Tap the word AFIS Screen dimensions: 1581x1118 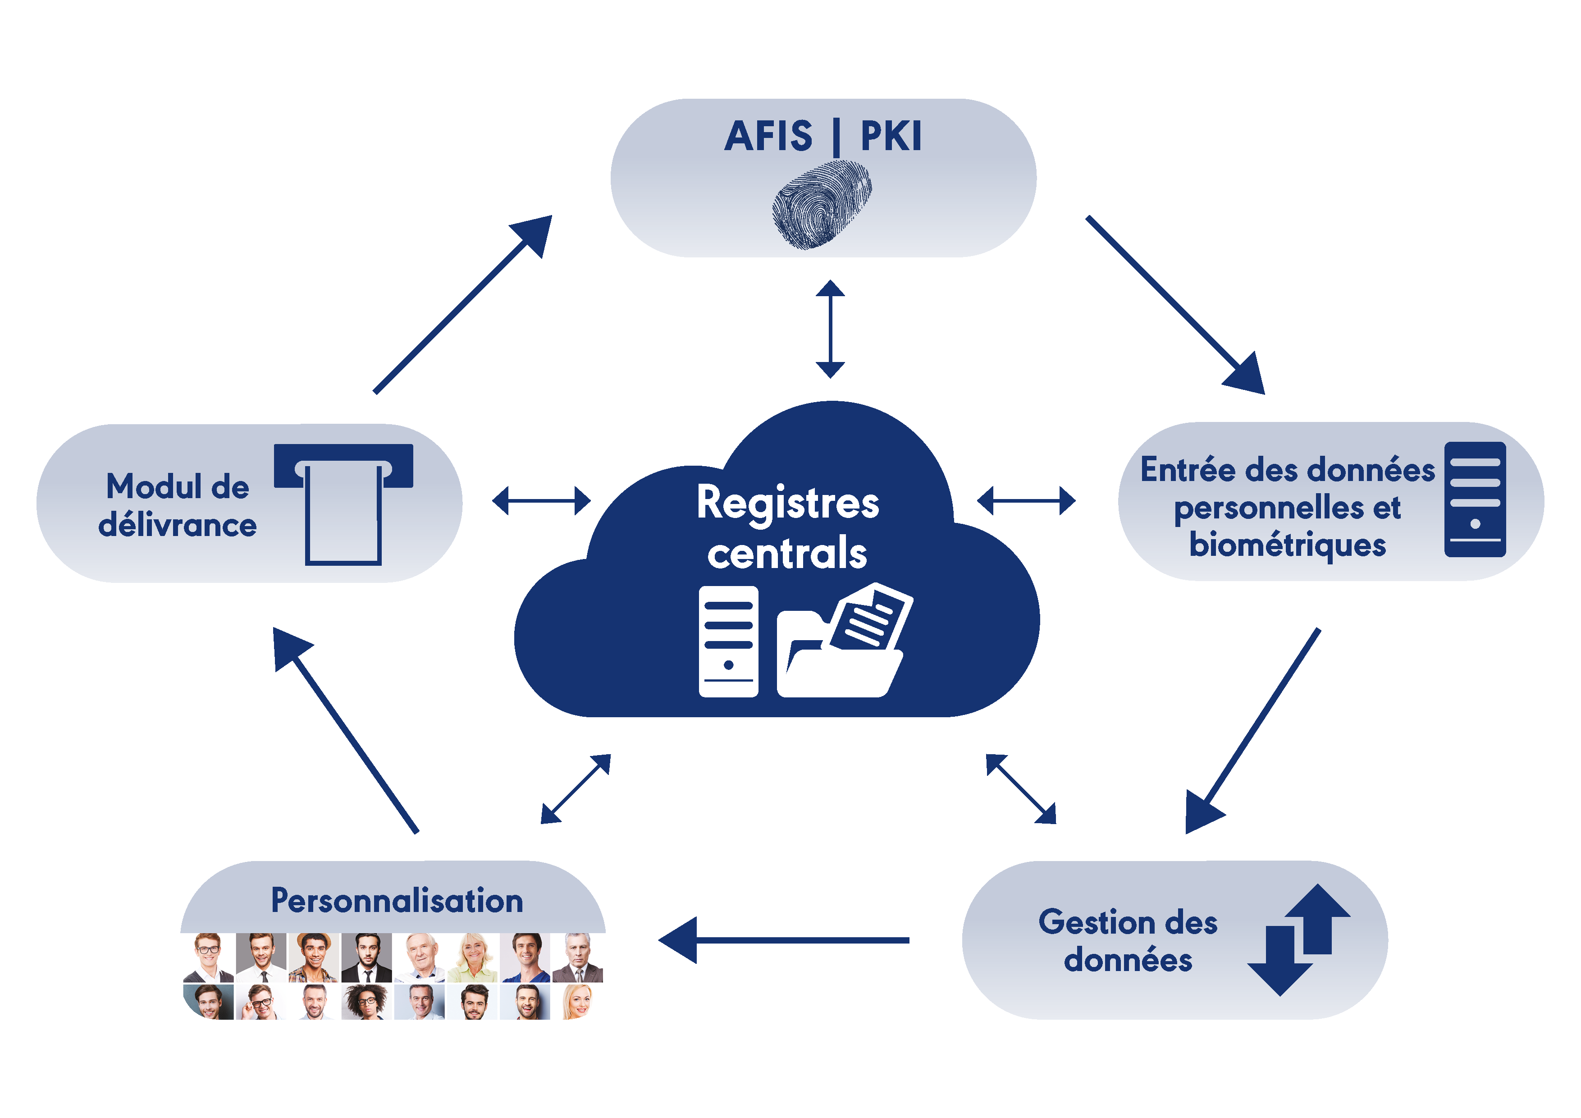(x=768, y=137)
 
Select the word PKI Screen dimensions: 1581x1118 (x=891, y=137)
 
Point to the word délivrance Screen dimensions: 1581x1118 (x=178, y=525)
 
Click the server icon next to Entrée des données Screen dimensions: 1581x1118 (x=1475, y=499)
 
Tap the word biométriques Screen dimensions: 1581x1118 (x=1287, y=545)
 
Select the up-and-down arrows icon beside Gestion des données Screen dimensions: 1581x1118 (x=1299, y=939)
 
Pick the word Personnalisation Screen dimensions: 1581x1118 (x=398, y=900)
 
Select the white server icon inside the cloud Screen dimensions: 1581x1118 (x=728, y=641)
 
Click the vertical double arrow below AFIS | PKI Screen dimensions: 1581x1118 (x=831, y=329)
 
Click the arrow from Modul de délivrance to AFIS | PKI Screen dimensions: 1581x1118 (x=463, y=304)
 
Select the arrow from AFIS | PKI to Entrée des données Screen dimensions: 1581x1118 (x=1175, y=305)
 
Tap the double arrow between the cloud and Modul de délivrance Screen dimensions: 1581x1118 (x=541, y=501)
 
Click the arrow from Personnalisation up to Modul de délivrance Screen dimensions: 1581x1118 (x=346, y=730)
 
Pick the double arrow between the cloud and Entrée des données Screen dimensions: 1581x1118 (x=1026, y=501)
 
